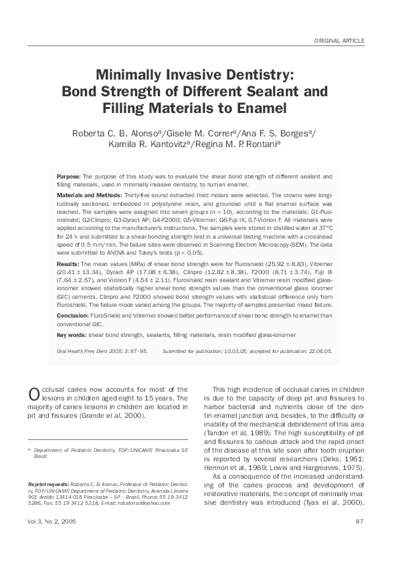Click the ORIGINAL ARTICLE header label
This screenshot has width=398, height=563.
pyautogui.click(x=339, y=41)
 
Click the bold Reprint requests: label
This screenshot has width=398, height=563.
pyautogui.click(x=47, y=483)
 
